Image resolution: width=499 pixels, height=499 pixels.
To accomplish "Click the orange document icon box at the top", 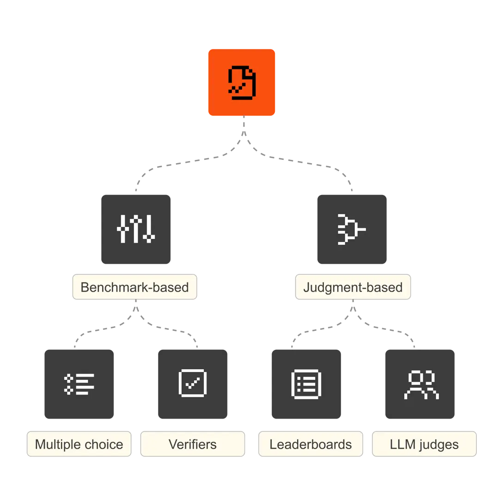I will click(x=242, y=82).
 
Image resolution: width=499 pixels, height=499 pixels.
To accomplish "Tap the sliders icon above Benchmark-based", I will click(x=136, y=229).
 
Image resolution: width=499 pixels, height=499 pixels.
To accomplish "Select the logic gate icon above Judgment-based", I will click(x=351, y=229).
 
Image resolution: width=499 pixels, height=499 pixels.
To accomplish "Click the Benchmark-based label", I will click(x=134, y=287).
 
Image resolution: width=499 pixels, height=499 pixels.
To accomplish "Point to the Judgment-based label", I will click(x=353, y=287).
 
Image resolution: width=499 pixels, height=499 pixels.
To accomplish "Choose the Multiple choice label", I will click(x=79, y=444).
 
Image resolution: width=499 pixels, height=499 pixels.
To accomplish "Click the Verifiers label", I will click(x=192, y=444).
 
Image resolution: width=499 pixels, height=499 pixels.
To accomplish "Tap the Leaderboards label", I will click(x=310, y=444).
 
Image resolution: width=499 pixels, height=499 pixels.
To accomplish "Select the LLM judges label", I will click(x=424, y=444).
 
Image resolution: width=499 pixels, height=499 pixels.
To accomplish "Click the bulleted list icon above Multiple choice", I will click(x=79, y=384).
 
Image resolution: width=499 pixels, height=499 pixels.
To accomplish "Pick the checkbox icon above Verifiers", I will click(x=192, y=384).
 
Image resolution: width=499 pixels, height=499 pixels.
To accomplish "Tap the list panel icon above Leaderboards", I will click(x=306, y=384).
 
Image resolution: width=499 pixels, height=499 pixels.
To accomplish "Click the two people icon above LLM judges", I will click(x=421, y=384).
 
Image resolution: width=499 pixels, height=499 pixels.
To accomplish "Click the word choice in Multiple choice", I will click(x=104, y=444).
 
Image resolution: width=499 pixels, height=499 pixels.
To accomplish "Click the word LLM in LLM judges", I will click(x=400, y=444).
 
